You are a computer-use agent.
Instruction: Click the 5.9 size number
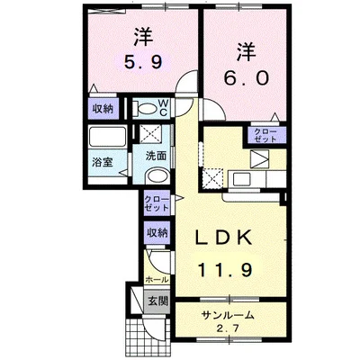click(141, 64)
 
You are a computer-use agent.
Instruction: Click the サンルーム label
click(229, 315)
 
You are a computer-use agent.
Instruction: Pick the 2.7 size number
click(229, 328)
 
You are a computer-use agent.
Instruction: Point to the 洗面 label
click(156, 155)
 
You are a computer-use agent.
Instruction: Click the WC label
click(164, 108)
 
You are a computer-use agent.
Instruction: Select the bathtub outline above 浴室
click(109, 139)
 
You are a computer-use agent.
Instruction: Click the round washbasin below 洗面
click(156, 176)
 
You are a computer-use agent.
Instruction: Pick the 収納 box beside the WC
click(101, 108)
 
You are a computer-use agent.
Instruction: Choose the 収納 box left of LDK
click(157, 231)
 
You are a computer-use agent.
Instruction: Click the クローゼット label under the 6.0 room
click(265, 136)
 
